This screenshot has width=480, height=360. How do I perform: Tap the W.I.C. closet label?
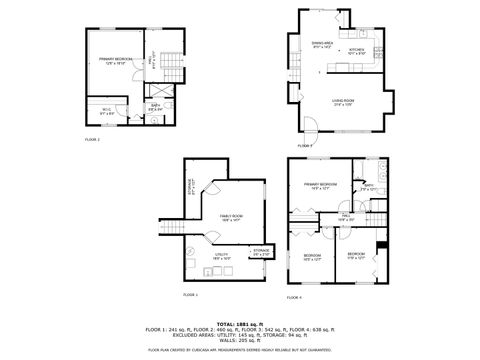107,111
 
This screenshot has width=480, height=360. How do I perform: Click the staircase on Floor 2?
171,69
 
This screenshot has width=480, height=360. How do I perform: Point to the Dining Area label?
322,44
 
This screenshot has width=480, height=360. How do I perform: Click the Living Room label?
346,101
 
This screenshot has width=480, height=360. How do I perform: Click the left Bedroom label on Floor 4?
312,256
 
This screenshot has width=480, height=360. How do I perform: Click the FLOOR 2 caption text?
92,140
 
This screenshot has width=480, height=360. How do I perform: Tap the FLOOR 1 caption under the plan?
190,296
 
